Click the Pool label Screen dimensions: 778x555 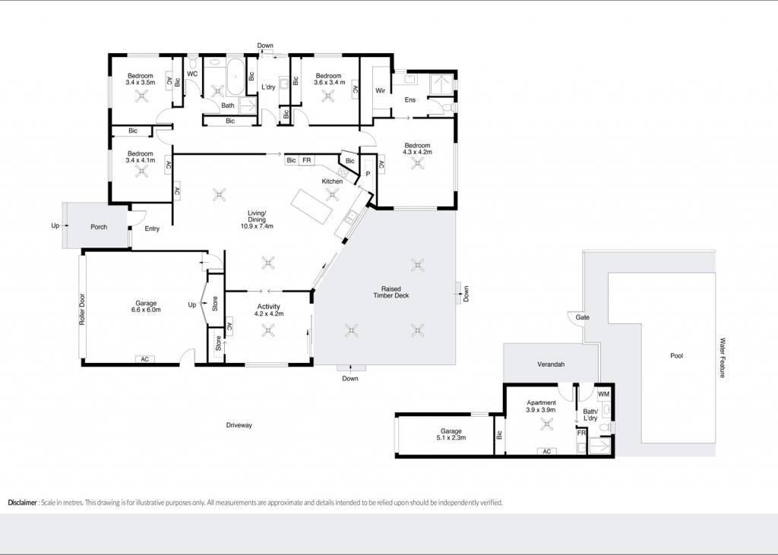click(x=676, y=355)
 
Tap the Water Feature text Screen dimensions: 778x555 click(x=723, y=358)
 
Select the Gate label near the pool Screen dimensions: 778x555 click(x=583, y=317)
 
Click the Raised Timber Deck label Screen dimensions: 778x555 click(x=391, y=292)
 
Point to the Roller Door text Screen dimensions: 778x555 click(x=82, y=310)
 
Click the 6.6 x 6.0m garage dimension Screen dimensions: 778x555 click(x=146, y=310)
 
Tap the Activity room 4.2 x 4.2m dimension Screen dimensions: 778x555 click(x=268, y=314)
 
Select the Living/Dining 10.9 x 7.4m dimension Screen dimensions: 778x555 click(x=257, y=226)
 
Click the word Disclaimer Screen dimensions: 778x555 click(x=22, y=503)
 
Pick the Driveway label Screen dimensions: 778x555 click(x=239, y=425)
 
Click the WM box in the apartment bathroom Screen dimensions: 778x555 click(x=603, y=394)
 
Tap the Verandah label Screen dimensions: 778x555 click(x=551, y=364)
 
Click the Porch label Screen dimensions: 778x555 click(x=99, y=227)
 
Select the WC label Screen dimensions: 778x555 click(x=192, y=74)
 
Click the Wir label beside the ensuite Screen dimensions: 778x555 click(x=381, y=90)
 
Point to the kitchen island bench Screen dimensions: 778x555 click(x=311, y=207)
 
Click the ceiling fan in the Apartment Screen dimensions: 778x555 click(x=547, y=424)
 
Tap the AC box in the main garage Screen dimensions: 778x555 click(x=144, y=359)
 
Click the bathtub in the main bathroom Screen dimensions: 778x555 click(x=236, y=77)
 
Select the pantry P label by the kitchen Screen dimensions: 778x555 click(x=368, y=174)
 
